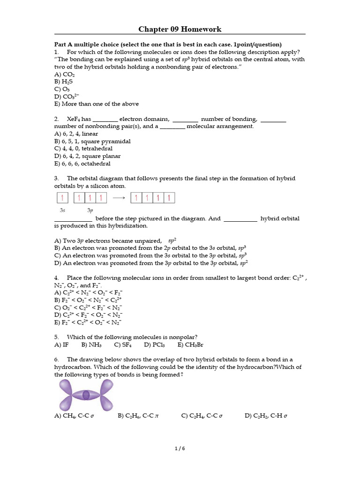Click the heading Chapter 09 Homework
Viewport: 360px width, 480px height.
pyautogui.click(x=180, y=29)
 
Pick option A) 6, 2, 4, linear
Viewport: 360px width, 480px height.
pyautogui.click(x=76, y=134)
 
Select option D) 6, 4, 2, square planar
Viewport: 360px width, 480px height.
pyautogui.click(x=87, y=156)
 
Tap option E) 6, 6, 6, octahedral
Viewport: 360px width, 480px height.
pyautogui.click(x=82, y=164)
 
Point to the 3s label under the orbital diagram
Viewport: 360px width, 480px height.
pyautogui.click(x=63, y=210)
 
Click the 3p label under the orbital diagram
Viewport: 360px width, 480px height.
pyautogui.click(x=90, y=210)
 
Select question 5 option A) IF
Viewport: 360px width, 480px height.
pyautogui.click(x=61, y=345)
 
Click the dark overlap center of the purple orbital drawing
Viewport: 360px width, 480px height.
pyautogui.click(x=86, y=395)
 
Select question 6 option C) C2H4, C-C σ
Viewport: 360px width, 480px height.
pyautogui.click(x=202, y=416)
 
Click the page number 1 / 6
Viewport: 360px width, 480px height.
pyautogui.click(x=180, y=448)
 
